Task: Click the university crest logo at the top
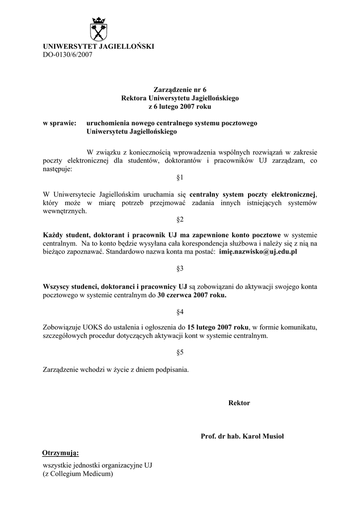[x=98, y=28]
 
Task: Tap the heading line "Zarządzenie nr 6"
[x=180, y=90]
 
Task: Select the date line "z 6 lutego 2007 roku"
[x=180, y=106]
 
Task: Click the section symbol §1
[x=180, y=177]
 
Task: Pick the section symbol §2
[x=180, y=219]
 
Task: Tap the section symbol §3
[x=180, y=269]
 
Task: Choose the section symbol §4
[x=180, y=312]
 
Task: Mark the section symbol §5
[x=180, y=352]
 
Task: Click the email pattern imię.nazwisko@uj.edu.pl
[x=258, y=252]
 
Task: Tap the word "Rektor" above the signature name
[x=239, y=403]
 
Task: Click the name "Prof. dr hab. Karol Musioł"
[x=242, y=436]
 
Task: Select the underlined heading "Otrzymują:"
[x=61, y=453]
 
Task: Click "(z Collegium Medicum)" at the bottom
[x=79, y=474]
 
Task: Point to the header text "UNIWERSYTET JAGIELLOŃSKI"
[x=98, y=46]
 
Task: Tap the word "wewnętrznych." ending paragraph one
[x=65, y=211]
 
